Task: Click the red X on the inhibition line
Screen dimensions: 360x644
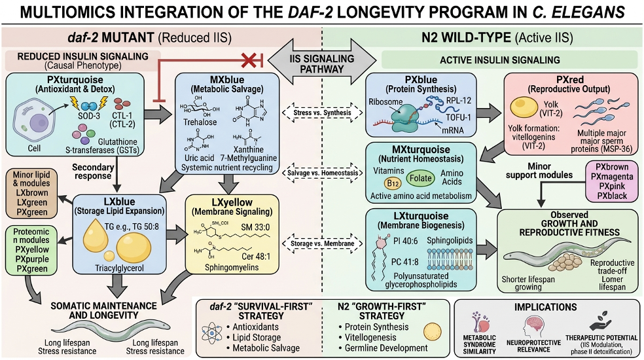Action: [x=248, y=60]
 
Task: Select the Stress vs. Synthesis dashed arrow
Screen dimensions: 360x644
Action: [x=321, y=112]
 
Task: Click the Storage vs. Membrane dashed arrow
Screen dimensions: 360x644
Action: [x=321, y=244]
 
